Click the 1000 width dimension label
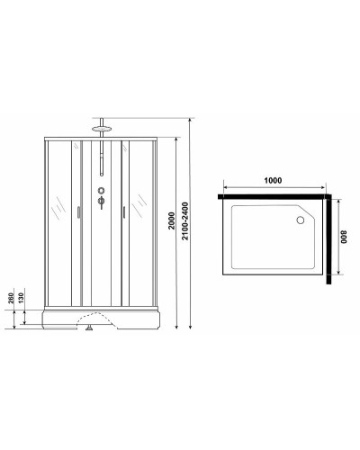[274, 179]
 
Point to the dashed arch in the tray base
[99, 317]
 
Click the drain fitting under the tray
[90, 332]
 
